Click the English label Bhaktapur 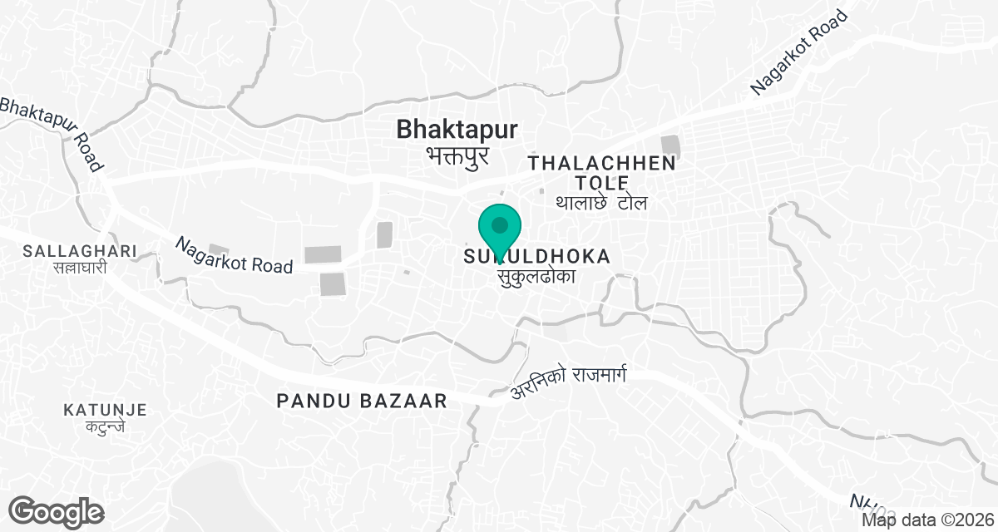[457, 130]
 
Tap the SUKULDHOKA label [537, 257]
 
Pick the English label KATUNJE [105, 410]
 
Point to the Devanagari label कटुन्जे [106, 428]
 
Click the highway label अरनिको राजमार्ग [567, 382]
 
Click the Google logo [57, 511]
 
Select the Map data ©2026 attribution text [926, 520]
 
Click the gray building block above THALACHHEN [670, 147]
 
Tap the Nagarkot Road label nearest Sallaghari [234, 256]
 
